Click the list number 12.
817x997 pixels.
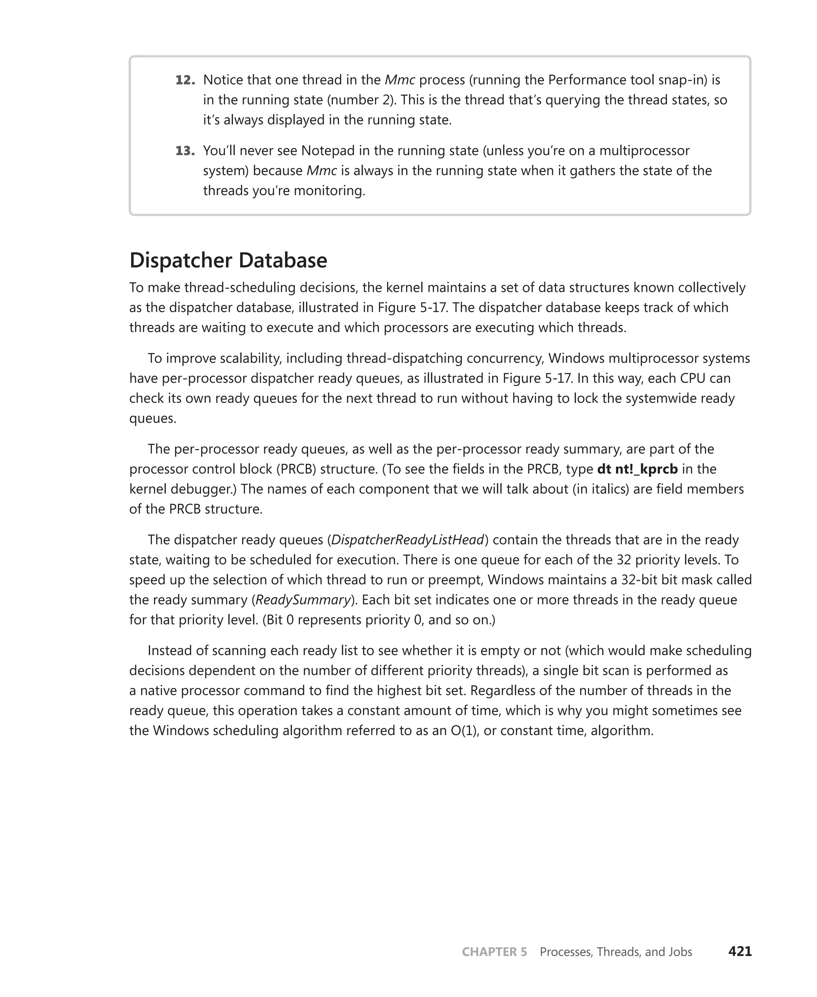[x=185, y=81]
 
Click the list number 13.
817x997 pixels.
[x=185, y=151]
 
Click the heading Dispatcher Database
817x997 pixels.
[x=228, y=260]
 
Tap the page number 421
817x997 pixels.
[x=740, y=952]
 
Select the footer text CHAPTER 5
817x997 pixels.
[x=494, y=952]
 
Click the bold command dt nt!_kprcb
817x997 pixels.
[x=637, y=469]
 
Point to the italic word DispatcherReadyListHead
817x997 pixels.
[x=408, y=540]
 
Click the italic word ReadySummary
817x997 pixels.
[x=303, y=600]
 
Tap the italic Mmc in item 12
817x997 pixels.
[x=400, y=81]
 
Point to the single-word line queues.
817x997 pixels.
[x=152, y=419]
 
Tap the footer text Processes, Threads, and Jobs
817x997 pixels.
[x=616, y=952]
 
